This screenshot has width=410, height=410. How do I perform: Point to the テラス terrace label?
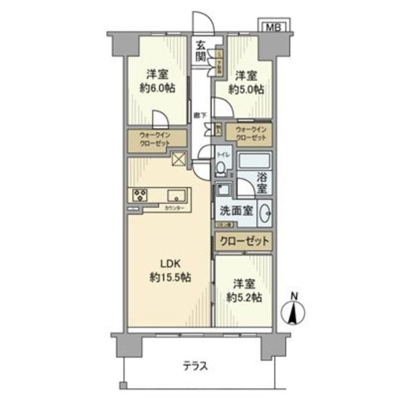click(195, 366)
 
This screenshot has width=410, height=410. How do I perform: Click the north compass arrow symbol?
click(294, 313)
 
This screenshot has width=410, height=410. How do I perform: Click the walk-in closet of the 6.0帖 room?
click(156, 140)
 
